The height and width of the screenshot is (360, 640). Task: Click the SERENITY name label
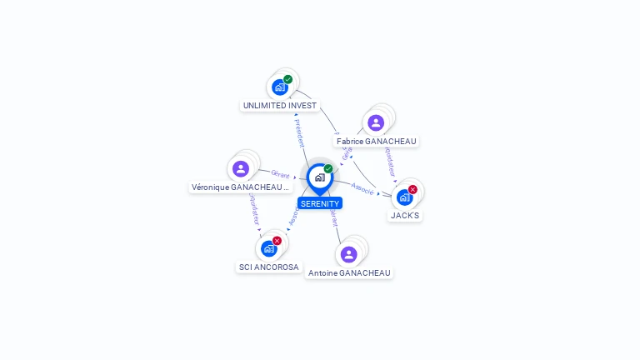coord(320,203)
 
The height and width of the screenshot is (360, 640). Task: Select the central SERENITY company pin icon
coord(319,177)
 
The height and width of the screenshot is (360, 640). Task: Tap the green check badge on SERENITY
coord(328,169)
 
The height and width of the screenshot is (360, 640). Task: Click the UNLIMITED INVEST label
coord(280,106)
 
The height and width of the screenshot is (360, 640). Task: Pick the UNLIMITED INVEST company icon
coord(280,87)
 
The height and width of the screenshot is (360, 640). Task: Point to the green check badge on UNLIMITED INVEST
coord(288,80)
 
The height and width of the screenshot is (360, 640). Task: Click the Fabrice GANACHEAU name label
coord(377,142)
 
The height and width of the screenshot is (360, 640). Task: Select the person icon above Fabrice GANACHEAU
coord(376,122)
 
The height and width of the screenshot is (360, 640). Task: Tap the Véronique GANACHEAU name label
coord(241,187)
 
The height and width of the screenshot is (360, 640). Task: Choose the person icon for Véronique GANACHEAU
coord(241,169)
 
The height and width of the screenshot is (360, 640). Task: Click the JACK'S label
coord(406,216)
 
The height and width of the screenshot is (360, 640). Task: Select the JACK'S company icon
coord(404,197)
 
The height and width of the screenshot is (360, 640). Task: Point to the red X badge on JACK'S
coord(412,190)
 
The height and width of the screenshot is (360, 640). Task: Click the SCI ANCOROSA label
coord(269,267)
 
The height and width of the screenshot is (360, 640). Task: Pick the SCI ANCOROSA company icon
coord(268,248)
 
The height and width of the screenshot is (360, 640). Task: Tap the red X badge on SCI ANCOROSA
coord(277,241)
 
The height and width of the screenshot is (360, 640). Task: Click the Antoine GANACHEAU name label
coord(349,273)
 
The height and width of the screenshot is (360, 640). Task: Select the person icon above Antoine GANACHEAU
coord(349,254)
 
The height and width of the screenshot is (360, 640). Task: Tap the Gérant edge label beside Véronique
coord(279,174)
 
